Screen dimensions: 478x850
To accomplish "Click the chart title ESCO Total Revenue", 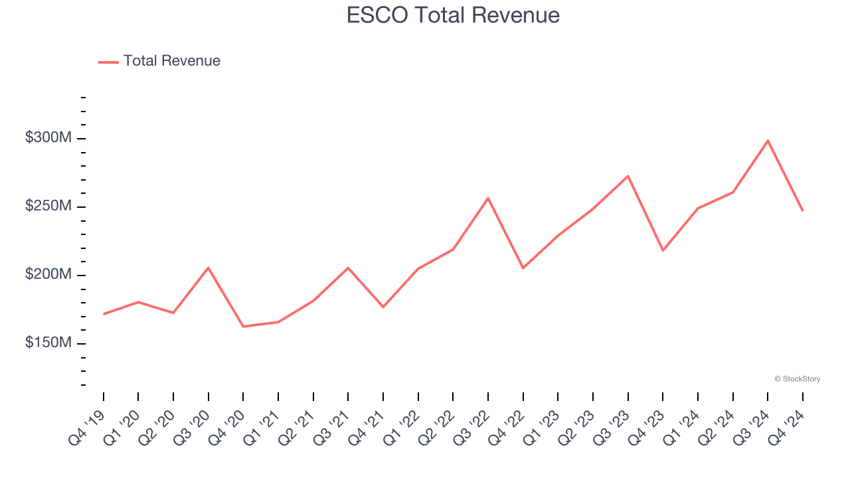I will (x=453, y=15).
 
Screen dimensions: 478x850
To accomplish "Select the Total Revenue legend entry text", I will (x=171, y=61).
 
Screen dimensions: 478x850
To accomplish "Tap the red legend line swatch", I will (x=108, y=62).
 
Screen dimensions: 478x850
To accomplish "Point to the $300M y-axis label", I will (x=48, y=138).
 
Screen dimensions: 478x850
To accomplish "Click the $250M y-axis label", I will (x=48, y=206).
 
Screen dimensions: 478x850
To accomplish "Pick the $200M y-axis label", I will (x=48, y=275).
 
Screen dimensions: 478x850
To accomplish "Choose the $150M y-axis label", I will (x=48, y=343).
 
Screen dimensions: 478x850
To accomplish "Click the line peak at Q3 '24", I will (x=768, y=140).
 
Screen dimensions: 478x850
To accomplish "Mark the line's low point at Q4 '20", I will (x=243, y=327).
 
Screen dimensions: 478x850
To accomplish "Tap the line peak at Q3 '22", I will (x=488, y=198).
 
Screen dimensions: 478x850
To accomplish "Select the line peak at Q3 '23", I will (x=628, y=176).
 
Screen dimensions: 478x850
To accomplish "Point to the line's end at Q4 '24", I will (x=802, y=210).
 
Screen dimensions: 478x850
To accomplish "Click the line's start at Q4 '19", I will (x=104, y=314).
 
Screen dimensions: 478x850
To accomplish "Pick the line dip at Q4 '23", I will (x=663, y=250).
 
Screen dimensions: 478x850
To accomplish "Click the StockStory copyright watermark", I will (x=797, y=379).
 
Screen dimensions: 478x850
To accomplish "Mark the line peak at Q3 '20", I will (x=209, y=268).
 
